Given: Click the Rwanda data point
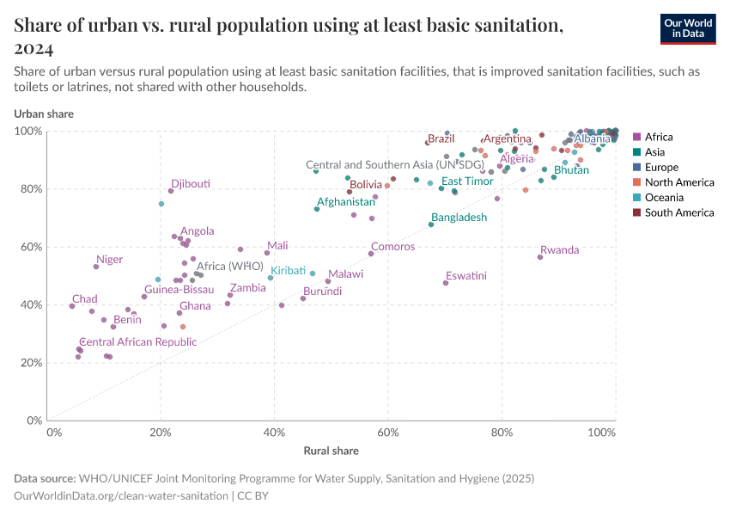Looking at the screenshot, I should click(540, 257).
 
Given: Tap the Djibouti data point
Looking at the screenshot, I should click(171, 191).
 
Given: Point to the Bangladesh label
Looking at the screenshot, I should click(459, 218).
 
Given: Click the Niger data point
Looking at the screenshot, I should click(96, 267).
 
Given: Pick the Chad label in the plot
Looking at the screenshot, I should click(84, 299).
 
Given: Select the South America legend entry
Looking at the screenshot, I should click(678, 212).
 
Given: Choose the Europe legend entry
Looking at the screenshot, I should click(661, 167).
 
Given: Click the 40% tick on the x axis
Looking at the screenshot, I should click(274, 432).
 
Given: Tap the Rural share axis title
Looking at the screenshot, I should click(331, 451).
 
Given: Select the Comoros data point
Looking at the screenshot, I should click(371, 254).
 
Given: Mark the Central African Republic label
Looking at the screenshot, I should click(137, 342).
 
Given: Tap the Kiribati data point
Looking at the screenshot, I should click(271, 278).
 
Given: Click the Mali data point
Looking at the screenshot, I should click(267, 253).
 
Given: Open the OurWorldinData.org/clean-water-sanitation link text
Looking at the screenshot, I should click(121, 496).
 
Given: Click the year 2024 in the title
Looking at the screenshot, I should click(34, 48).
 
